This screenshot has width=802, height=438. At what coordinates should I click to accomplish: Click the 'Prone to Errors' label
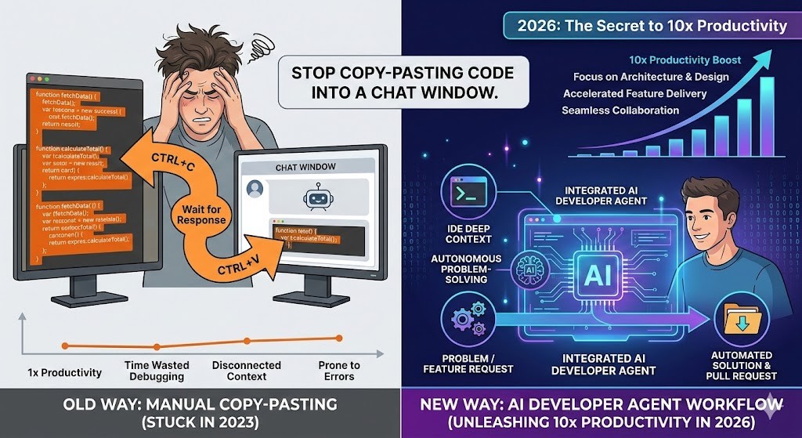(x=338, y=371)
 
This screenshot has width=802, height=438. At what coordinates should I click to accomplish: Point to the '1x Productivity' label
(x=64, y=371)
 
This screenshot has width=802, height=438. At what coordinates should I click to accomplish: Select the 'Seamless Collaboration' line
(x=620, y=110)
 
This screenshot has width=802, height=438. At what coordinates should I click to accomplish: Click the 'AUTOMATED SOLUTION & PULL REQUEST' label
(x=741, y=366)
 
